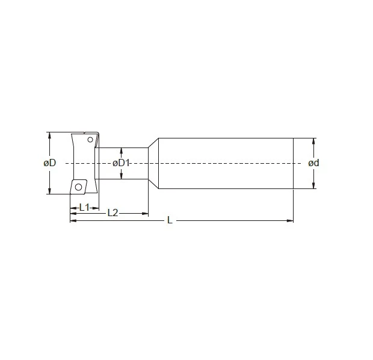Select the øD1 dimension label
pos(122,163)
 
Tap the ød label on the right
pos(313,163)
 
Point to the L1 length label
pos(85,206)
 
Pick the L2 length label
pos(113,213)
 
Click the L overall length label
pos(170,221)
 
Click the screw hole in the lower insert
pos(78,186)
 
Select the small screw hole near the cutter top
pos(90,140)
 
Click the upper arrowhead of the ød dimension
pos(313,141)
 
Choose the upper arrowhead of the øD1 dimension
pos(122,150)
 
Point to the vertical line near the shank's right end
pos(293,163)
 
